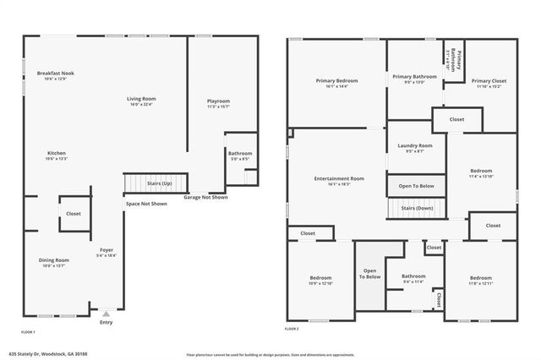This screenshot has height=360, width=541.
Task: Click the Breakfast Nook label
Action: pos(55,74)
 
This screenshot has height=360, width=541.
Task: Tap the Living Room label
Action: pos(142,99)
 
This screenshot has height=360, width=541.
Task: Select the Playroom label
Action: pos(219,101)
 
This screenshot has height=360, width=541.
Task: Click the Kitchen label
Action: pos(56,153)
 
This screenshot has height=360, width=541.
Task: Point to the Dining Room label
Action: pos(54,260)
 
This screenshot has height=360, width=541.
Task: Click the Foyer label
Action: pos(107,249)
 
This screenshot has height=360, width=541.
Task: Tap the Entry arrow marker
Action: pos(106,313)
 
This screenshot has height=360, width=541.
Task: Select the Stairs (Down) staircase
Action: pos(416,208)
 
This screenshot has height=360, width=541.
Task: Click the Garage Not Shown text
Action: pos(206,197)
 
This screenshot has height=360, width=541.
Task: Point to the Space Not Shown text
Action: pos(146,204)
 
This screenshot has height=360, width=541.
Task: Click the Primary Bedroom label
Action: pos(338,81)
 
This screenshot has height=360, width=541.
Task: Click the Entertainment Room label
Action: pos(339,178)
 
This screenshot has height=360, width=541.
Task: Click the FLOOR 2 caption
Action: pos(292,328)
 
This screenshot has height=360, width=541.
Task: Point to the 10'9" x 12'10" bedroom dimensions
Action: pos(320,283)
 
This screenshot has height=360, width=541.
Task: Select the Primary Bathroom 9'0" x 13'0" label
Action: pos(414,81)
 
